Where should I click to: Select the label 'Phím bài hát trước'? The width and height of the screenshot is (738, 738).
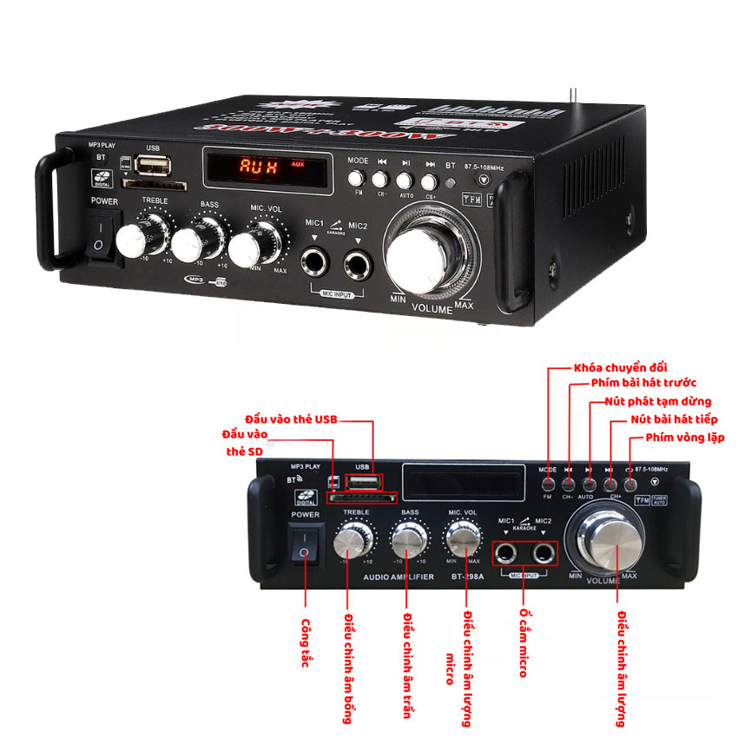pos(643,383)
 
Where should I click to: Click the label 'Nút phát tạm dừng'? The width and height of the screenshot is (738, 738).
pos(657,401)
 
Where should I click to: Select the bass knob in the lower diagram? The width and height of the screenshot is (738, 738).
pos(407,541)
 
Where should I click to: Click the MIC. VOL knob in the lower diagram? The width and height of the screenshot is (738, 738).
pos(463,541)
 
